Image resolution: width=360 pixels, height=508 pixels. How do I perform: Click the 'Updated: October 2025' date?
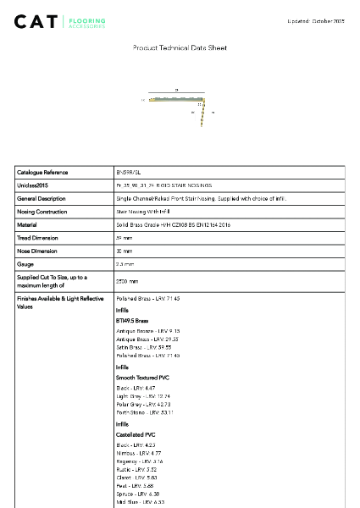pos(316,19)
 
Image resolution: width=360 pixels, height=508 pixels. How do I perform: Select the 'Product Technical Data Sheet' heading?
pos(180,48)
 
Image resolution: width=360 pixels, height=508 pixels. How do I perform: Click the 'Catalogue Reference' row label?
pos(43,172)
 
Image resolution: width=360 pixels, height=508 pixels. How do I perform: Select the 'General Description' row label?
pos(42,198)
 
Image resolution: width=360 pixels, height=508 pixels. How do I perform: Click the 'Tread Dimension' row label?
pos(39,238)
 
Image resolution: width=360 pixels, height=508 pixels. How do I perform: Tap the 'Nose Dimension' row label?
pos(38,251)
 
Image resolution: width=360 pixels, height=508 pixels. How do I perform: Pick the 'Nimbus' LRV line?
pos(137,453)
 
